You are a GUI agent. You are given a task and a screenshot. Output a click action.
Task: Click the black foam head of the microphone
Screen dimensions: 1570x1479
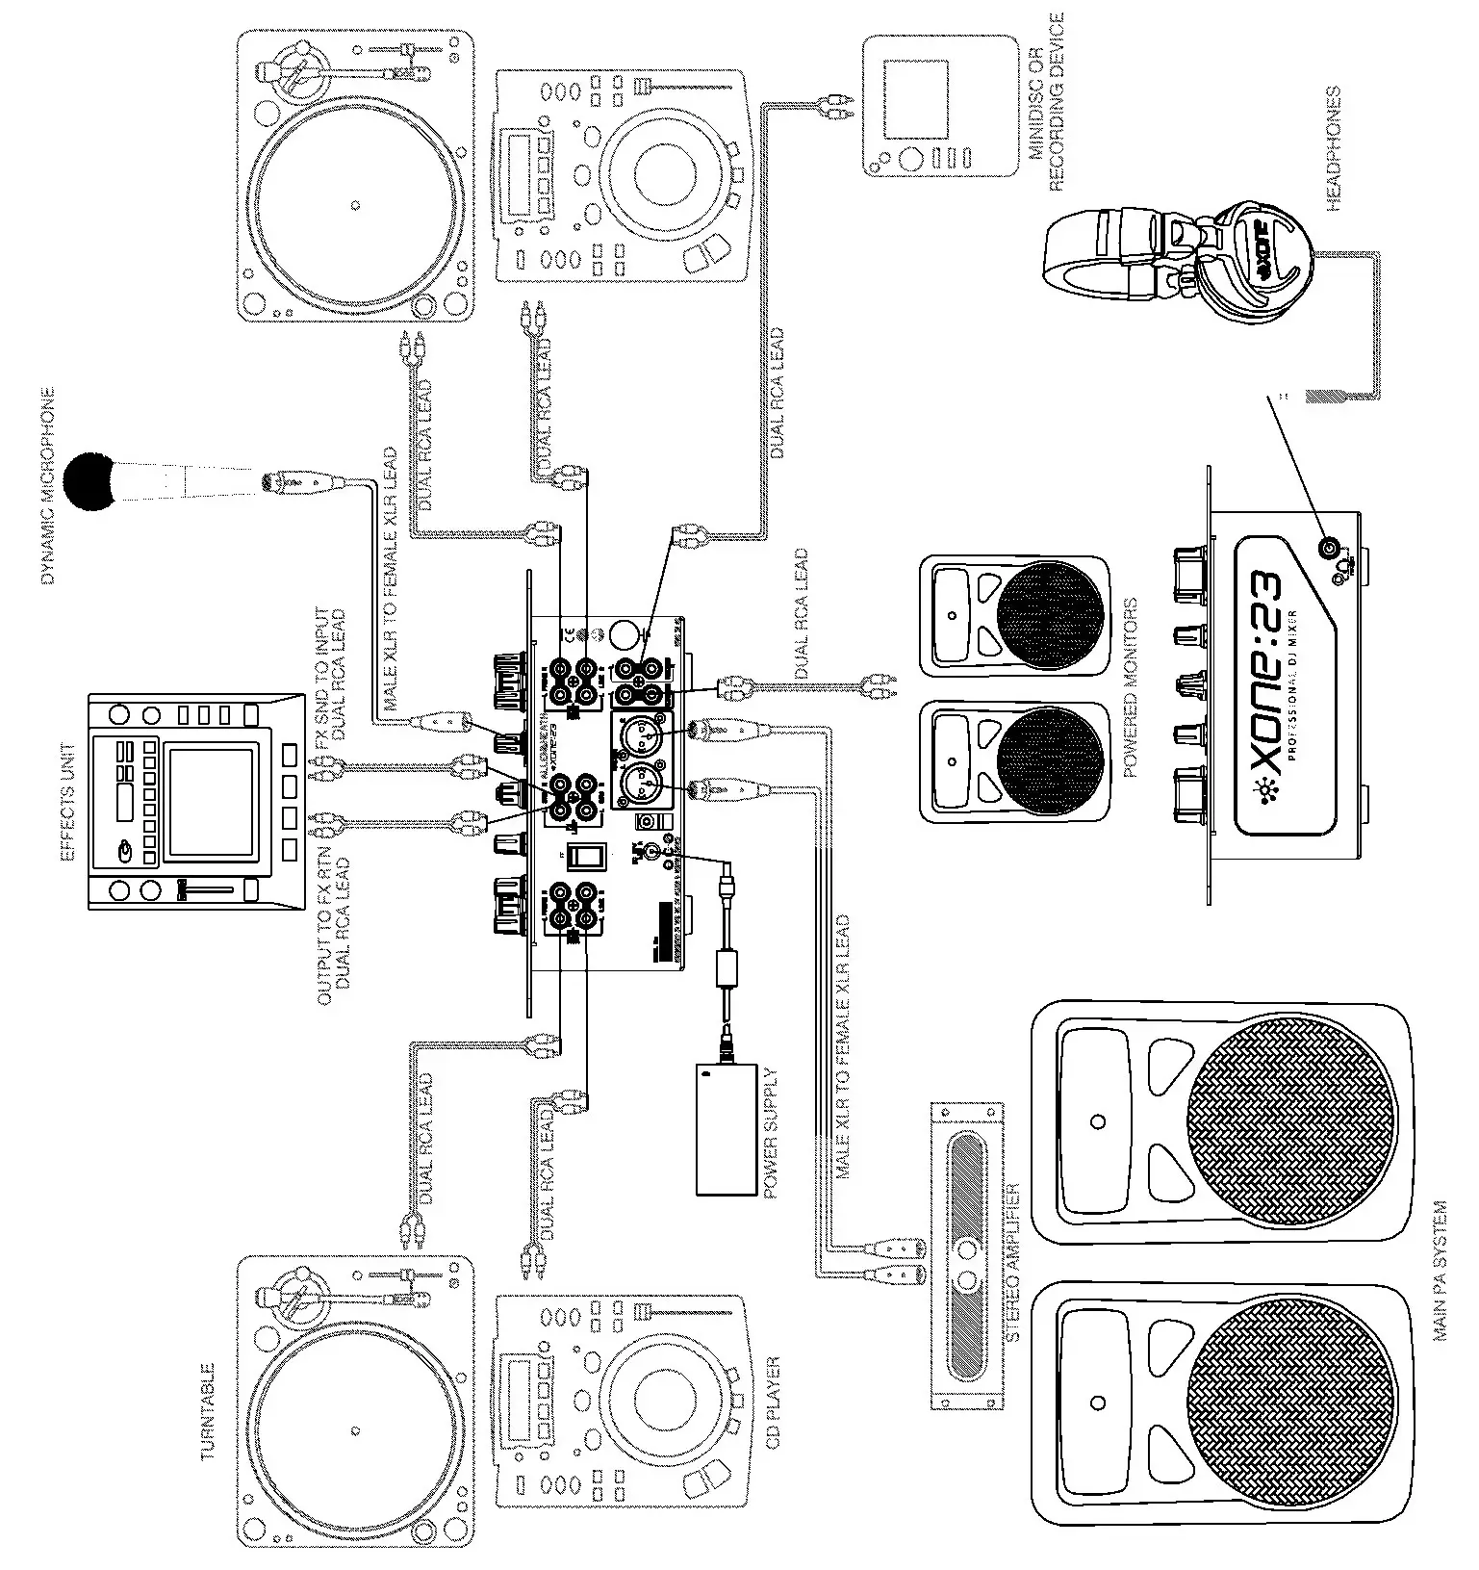[89, 480]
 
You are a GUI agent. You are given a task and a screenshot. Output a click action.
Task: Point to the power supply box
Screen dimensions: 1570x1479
[727, 1128]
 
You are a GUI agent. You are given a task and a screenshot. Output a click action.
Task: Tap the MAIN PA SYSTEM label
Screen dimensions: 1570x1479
[1441, 1271]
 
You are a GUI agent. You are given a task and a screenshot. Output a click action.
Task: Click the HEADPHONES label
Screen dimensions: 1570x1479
[1334, 149]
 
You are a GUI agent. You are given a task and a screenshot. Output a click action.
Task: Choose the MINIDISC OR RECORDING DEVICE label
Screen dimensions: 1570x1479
[1047, 102]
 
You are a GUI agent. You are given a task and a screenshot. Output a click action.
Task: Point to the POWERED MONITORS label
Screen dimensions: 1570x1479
[1131, 687]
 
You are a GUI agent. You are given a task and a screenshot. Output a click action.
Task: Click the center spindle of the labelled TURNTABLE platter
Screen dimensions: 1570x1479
[356, 1428]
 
